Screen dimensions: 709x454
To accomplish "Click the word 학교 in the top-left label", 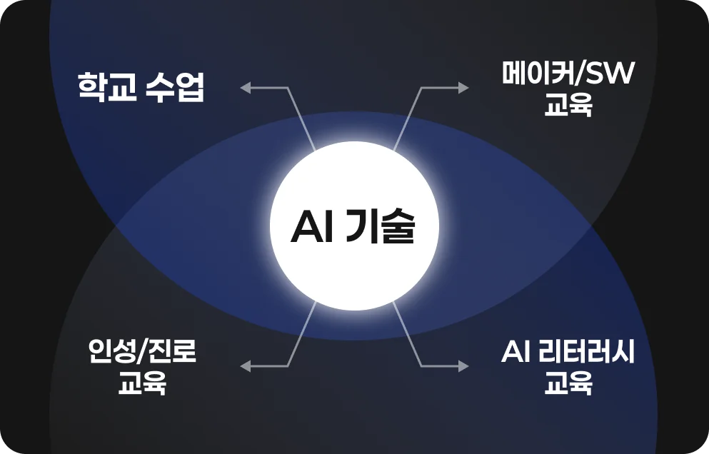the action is click(x=107, y=86).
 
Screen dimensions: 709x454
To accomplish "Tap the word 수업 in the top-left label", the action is click(x=175, y=86).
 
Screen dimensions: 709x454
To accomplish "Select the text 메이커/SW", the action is click(x=568, y=74).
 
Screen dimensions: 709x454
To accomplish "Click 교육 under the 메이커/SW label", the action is click(x=568, y=105).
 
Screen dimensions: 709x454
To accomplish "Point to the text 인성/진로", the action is click(x=142, y=351).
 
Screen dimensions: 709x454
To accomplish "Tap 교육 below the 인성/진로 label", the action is click(x=142, y=383).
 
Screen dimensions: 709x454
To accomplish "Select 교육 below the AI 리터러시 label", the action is click(x=568, y=383).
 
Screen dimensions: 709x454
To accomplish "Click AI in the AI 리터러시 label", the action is click(x=516, y=352).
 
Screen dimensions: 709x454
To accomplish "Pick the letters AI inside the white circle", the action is click(x=311, y=227).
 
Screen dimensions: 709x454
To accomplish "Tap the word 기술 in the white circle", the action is click(x=379, y=227).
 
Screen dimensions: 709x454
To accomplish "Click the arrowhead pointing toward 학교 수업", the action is click(x=245, y=88).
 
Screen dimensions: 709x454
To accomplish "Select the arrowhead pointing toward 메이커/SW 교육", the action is click(x=463, y=88).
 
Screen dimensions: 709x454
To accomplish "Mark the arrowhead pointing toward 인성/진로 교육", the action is click(x=245, y=366).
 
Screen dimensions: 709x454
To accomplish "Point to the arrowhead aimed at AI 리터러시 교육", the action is click(x=463, y=366).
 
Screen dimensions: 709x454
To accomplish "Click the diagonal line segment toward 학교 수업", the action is click(x=301, y=119).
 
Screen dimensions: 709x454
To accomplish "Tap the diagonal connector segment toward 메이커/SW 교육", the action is click(x=408, y=119).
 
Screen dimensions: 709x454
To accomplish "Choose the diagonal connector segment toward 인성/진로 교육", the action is click(x=301, y=333).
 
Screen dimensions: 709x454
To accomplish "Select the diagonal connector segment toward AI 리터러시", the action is click(x=408, y=333).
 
